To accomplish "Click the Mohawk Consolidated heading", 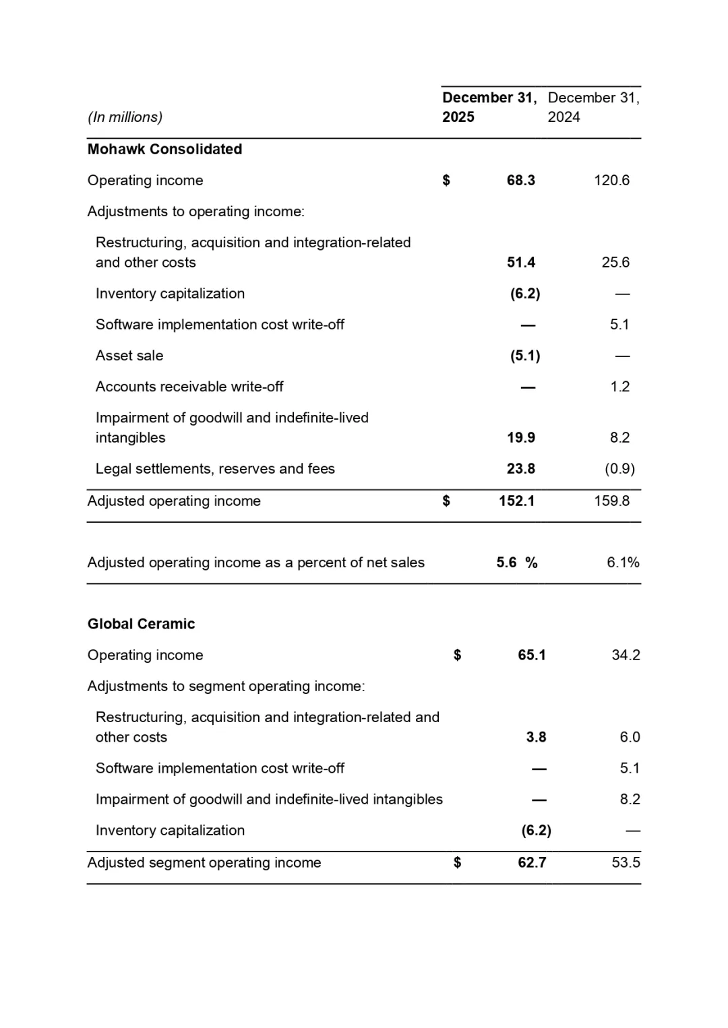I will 164,149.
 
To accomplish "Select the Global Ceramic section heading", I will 141,624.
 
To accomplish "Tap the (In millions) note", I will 125,117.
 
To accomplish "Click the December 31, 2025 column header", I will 489,107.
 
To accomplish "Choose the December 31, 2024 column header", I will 593,107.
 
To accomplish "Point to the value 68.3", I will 521,181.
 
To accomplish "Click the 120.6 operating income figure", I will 611,181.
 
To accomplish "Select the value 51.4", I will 521,263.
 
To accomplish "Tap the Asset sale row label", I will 129,356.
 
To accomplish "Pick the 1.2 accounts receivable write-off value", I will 619,387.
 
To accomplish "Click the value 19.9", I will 521,438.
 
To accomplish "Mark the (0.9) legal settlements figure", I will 619,469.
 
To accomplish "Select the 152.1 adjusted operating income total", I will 516,501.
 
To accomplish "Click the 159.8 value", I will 611,501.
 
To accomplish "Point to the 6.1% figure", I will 623,563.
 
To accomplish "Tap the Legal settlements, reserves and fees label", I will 215,469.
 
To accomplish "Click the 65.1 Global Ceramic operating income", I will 532,655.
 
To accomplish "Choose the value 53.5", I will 626,863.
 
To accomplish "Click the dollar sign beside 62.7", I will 458,863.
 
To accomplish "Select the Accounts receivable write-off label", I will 189,387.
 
